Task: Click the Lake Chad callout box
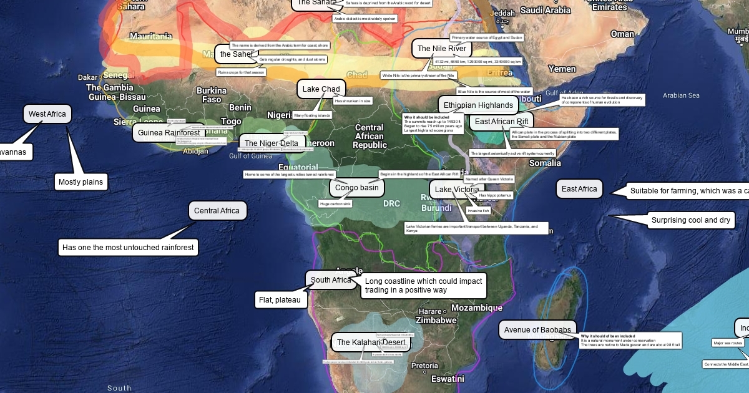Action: [321, 89]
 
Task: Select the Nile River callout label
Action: [441, 49]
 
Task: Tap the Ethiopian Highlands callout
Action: [478, 105]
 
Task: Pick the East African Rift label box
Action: [501, 121]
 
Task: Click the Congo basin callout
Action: [356, 187]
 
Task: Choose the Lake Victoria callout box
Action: [457, 190]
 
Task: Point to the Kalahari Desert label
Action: [371, 342]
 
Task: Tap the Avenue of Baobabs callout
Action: [537, 330]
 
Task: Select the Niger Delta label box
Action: [272, 143]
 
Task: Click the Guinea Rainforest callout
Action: [169, 133]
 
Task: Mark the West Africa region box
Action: [47, 114]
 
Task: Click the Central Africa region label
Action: [217, 211]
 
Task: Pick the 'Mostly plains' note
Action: [81, 182]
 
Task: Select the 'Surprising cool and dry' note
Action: [690, 220]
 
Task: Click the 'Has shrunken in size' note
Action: [353, 100]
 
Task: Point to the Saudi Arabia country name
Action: [546, 10]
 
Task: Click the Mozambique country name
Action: [476, 308]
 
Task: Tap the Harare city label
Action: [430, 311]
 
